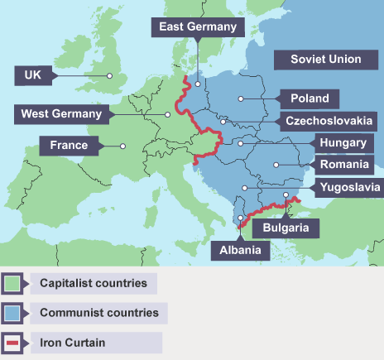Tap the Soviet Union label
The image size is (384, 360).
click(325, 60)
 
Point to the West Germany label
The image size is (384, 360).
click(61, 113)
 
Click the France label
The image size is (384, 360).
click(68, 146)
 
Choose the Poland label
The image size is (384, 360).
click(309, 98)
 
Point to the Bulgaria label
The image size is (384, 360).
click(286, 226)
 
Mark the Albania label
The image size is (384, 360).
click(240, 249)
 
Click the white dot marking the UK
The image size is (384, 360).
click(109, 75)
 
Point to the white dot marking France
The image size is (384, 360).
click(122, 146)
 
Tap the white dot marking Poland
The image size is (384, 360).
click(240, 98)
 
